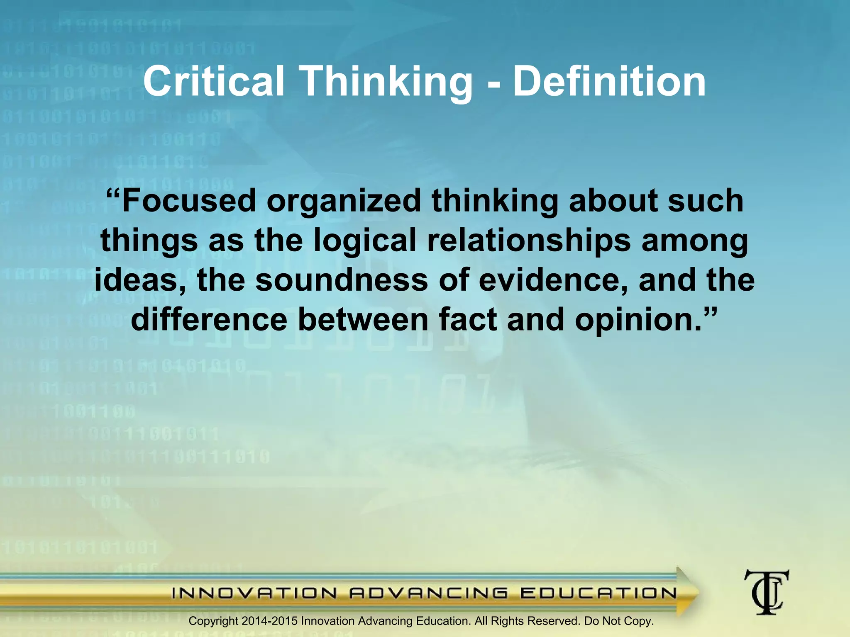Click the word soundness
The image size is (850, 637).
point(341,280)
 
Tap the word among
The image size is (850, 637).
point(695,241)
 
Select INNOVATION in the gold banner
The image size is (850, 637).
point(254,593)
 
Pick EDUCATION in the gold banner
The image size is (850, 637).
point(598,593)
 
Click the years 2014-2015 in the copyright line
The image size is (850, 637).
point(269,621)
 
